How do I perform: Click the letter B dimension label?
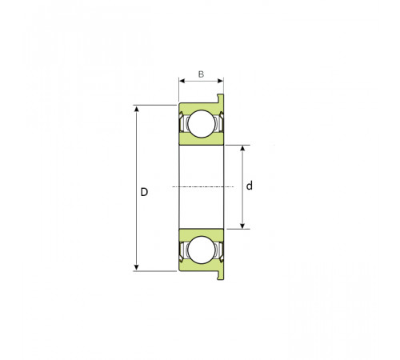[x=201, y=74]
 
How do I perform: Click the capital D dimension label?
[x=144, y=192]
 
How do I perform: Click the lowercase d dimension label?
[x=250, y=186]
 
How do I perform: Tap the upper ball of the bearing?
[x=202, y=124]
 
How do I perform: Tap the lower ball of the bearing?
[x=202, y=250]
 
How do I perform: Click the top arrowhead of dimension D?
[x=137, y=109]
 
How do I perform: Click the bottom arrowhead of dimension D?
[x=137, y=267]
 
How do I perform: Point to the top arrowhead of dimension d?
[x=242, y=148]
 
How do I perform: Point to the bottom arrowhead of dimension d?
[x=242, y=226]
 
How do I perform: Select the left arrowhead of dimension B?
[x=182, y=81]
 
